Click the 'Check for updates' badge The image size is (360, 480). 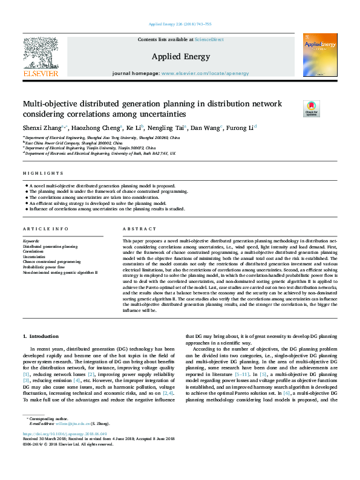[x=311, y=109]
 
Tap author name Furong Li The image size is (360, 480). [x=242, y=128]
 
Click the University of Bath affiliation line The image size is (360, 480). [x=100, y=154]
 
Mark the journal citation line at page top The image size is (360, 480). [x=180, y=25]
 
